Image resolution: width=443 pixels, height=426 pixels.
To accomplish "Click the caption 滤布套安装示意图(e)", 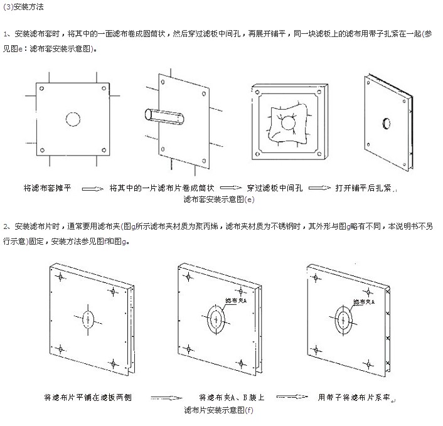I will click(218, 199).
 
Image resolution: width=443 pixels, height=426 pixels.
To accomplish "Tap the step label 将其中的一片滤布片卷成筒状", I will click(162, 188).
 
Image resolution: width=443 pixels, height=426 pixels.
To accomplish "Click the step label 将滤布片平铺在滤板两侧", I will click(88, 398).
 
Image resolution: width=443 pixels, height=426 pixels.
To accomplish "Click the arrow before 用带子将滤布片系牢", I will click(292, 397).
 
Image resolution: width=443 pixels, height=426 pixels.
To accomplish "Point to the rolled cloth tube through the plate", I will click(164, 117).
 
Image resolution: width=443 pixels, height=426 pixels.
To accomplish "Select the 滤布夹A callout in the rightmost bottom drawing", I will click(364, 302).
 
